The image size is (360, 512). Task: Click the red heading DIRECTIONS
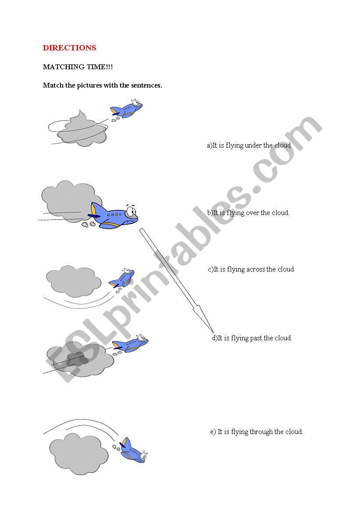(69, 48)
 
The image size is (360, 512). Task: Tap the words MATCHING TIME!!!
(78, 67)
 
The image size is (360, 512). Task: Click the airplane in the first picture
(126, 109)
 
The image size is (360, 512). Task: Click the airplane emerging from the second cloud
(113, 216)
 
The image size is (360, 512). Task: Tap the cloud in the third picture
(74, 281)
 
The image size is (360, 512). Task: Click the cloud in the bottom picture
(79, 454)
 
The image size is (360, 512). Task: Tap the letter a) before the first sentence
(210, 146)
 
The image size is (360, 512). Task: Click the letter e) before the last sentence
(213, 432)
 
